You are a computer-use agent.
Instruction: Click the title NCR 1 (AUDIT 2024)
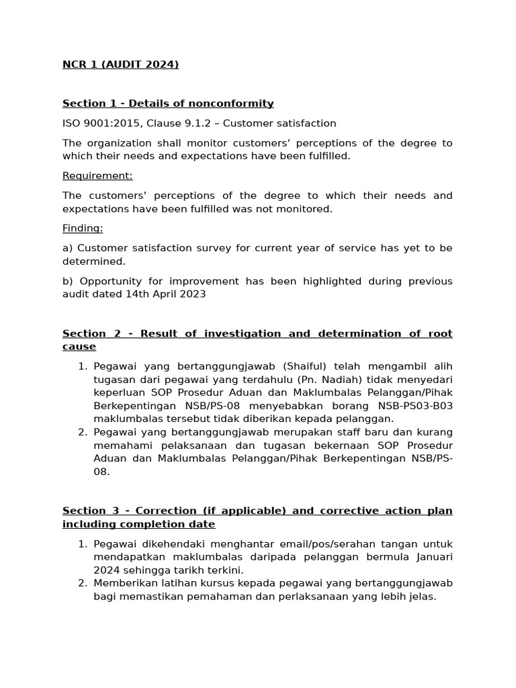[x=120, y=64]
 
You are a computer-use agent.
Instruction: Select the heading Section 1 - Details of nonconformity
[x=168, y=103]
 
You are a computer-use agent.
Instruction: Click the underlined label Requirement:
[x=97, y=176]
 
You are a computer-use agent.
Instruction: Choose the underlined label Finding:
[x=83, y=228]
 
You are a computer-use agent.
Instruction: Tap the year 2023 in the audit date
[x=193, y=294]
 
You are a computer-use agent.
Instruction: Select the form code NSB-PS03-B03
[x=416, y=406]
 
